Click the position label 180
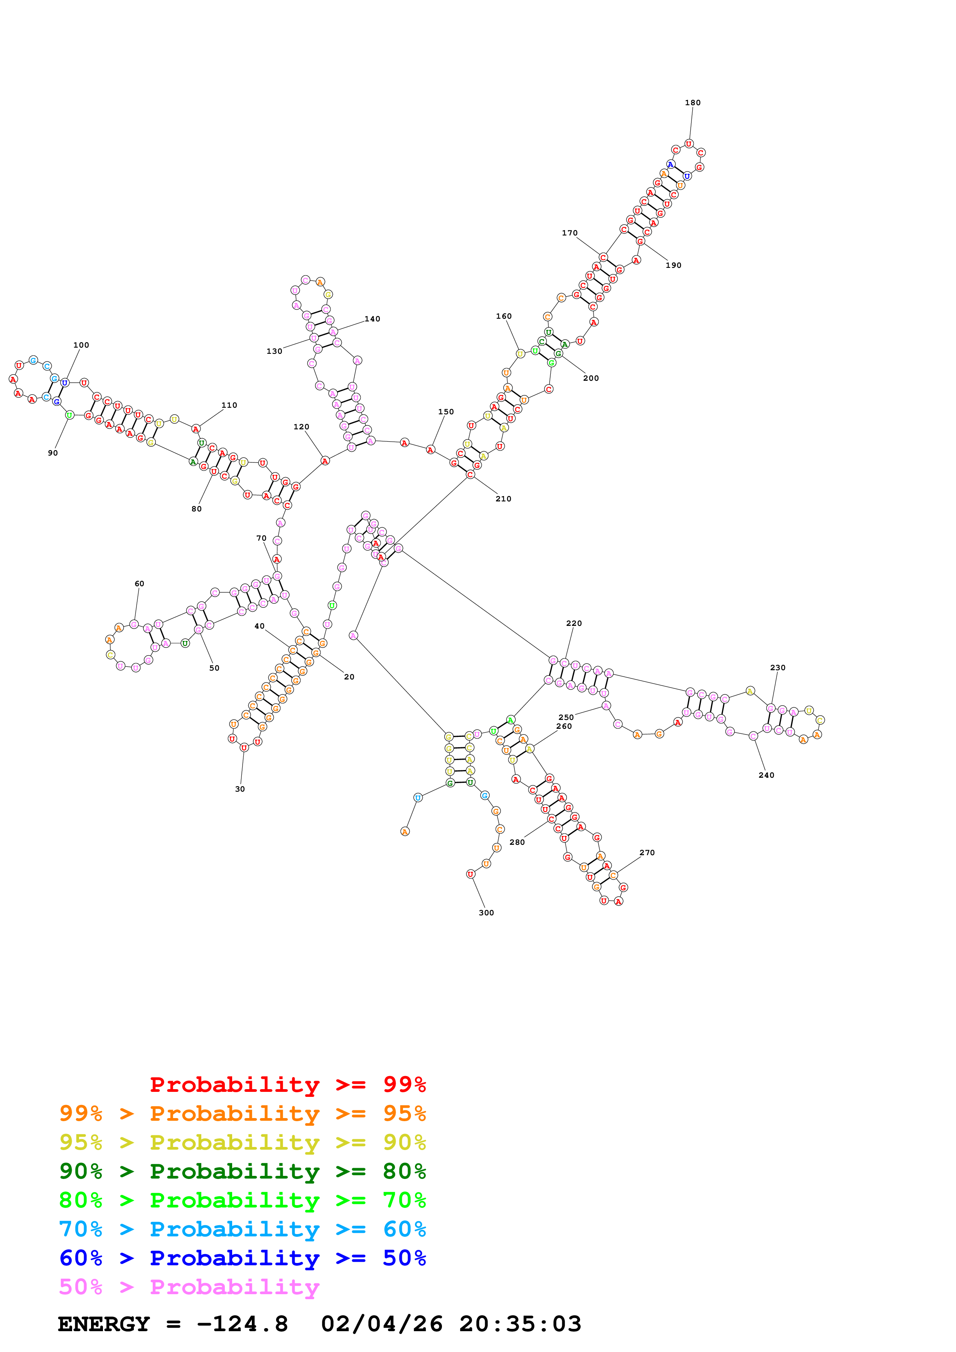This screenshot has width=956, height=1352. click(693, 103)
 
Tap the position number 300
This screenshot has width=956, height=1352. click(486, 913)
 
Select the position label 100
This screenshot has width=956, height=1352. click(81, 345)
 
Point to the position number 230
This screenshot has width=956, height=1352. click(777, 668)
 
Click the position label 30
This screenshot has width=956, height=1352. click(240, 789)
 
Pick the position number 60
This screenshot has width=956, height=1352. click(139, 584)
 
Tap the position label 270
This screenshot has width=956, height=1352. click(647, 853)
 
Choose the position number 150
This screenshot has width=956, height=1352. click(446, 412)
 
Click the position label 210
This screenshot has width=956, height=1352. click(503, 499)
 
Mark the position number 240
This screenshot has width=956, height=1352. click(766, 775)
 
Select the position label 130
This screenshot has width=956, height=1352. click(275, 351)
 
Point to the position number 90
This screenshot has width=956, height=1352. click(53, 453)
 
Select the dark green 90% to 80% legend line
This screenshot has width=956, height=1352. click(242, 1171)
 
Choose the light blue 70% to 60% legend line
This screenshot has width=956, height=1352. click(242, 1229)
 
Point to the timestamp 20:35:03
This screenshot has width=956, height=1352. click(520, 1324)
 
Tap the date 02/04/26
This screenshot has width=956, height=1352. click(382, 1324)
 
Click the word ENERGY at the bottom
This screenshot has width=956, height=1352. click(104, 1324)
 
